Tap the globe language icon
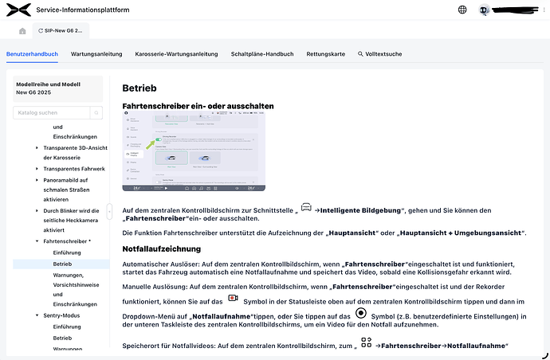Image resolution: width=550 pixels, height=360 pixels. point(462,10)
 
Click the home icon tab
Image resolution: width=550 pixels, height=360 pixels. point(22,30)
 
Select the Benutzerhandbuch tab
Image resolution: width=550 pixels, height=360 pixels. point(32,54)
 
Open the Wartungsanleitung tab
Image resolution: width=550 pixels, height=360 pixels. point(96,54)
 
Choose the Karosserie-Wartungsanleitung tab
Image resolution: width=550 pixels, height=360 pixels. point(176,54)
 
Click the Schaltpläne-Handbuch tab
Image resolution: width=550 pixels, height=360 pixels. point(262,54)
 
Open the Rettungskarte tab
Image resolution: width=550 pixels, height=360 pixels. point(326,54)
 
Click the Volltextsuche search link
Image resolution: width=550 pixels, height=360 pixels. point(380,54)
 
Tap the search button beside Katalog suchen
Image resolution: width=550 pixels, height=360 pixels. point(97,113)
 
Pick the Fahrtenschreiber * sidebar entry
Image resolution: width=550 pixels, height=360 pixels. point(68,240)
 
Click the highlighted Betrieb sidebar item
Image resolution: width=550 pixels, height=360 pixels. point(62,263)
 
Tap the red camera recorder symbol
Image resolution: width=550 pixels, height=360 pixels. point(234,298)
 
